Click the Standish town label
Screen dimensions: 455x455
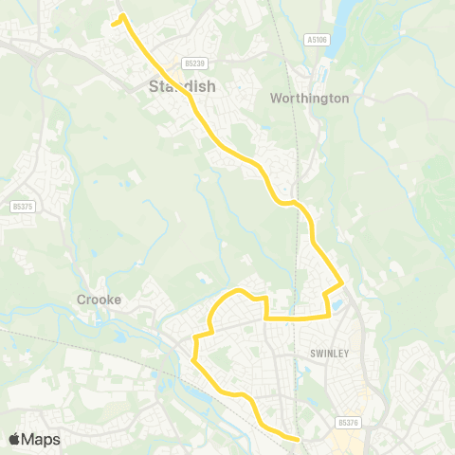[182, 86]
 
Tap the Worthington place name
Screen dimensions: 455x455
[309, 98]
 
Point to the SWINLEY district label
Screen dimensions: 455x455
[329, 353]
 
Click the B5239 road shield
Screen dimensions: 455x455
[195, 64]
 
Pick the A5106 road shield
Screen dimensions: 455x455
[317, 40]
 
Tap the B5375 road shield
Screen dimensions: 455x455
[22, 206]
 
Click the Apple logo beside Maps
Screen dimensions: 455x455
[15, 439]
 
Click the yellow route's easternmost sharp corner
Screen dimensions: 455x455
[342, 282]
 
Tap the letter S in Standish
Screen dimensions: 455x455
[154, 86]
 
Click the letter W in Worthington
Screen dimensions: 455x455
[276, 98]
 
